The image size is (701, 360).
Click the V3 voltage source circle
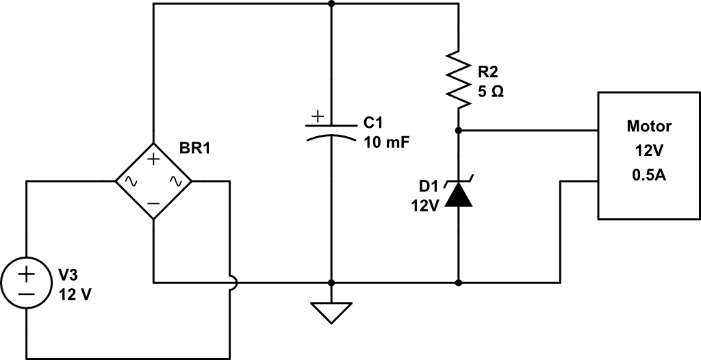26,283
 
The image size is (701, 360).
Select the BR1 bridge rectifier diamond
153,181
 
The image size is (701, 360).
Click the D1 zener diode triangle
458,195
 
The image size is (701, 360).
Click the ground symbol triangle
331,312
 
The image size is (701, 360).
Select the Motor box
649,155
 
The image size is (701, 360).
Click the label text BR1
194,149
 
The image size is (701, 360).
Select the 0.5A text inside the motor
649,176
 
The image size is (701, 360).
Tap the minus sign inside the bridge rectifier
153,203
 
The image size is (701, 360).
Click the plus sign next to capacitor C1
316,117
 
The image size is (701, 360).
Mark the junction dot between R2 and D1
458,130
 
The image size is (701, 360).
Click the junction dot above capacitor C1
331,3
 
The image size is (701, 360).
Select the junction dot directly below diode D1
458,282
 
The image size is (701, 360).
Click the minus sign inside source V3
26,292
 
